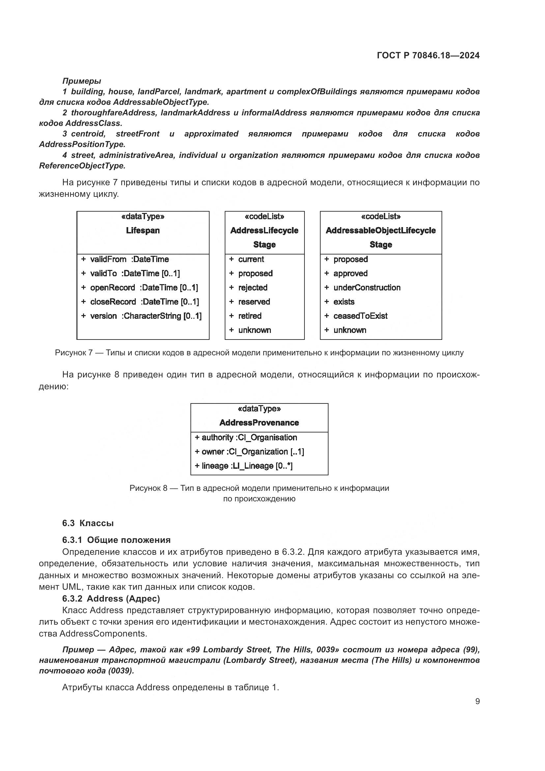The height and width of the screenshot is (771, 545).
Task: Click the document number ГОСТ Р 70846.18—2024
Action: pyautogui.click(x=428, y=55)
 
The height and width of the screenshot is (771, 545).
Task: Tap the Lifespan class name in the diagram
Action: pyautogui.click(x=143, y=230)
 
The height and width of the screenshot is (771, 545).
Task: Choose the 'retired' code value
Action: pyautogui.click(x=250, y=316)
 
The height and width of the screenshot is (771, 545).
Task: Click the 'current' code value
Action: pyautogui.click(x=251, y=259)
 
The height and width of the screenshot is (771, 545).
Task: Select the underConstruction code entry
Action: pyautogui.click(x=366, y=288)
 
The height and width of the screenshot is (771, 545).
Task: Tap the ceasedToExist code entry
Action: pyautogui.click(x=360, y=316)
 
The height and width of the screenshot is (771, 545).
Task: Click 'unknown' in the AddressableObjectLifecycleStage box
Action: pyautogui.click(x=349, y=330)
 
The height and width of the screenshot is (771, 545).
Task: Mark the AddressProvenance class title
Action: pyautogui.click(x=259, y=423)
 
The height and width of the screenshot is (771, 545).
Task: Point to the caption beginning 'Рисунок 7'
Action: pyautogui.click(x=259, y=353)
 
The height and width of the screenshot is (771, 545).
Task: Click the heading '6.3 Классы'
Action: pyautogui.click(x=88, y=523)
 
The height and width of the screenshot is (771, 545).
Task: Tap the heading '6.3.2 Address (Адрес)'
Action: pyautogui.click(x=111, y=598)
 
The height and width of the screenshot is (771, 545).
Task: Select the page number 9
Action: pyautogui.click(x=477, y=701)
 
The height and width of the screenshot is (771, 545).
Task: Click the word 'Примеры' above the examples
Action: pyautogui.click(x=81, y=81)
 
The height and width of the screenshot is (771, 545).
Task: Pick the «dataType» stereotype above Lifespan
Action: pyautogui.click(x=143, y=216)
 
